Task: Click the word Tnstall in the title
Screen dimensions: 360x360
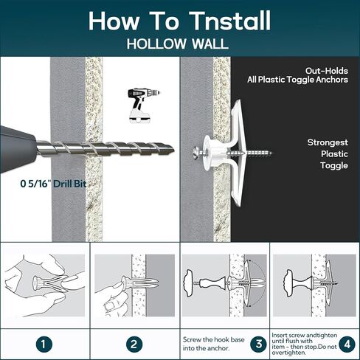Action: point(229,21)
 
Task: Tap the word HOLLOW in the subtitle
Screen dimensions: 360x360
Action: point(156,44)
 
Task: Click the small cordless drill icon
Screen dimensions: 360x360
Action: point(143,105)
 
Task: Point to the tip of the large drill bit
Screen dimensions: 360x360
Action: point(174,150)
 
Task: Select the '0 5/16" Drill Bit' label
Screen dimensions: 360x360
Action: point(53,184)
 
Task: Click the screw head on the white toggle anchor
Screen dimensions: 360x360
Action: point(195,153)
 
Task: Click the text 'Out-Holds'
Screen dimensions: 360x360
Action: point(327,71)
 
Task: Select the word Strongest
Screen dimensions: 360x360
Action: point(328,142)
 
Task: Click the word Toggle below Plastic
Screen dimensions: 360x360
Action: point(334,165)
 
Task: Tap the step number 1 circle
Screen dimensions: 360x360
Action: point(44,344)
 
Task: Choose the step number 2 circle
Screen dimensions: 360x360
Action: point(134,344)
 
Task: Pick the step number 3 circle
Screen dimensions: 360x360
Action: point(259,344)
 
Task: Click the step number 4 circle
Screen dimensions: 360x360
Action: point(347,344)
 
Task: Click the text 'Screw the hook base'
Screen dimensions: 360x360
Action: point(213,339)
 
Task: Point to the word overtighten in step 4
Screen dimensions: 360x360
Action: point(288,353)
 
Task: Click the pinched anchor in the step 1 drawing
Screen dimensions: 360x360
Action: point(50,283)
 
